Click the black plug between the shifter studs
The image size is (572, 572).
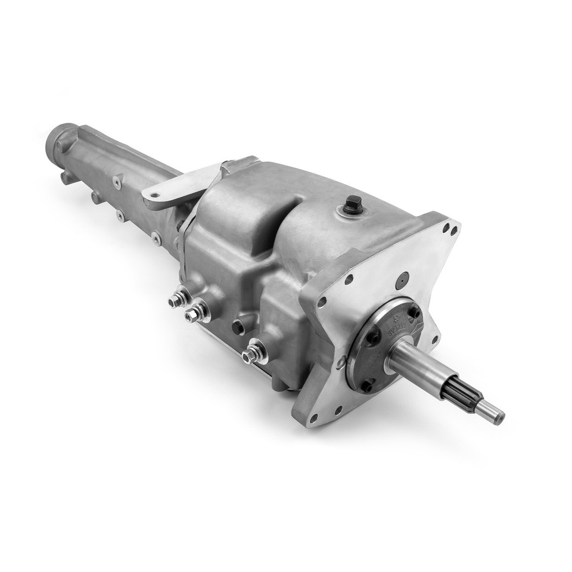click(238, 325)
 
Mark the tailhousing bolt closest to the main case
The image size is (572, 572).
click(156, 240)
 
